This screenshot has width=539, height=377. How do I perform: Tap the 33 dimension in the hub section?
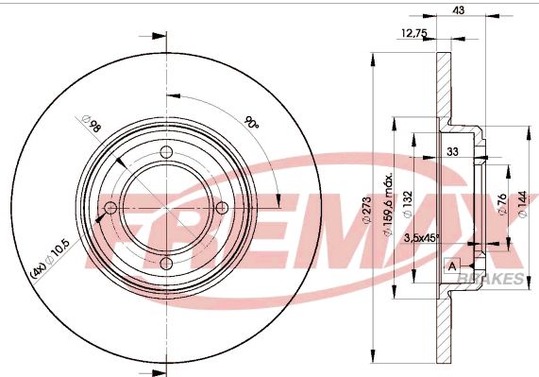click(x=452, y=151)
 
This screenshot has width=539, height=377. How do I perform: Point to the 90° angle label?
click(x=251, y=123)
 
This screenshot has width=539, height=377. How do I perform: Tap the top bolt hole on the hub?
click(x=166, y=153)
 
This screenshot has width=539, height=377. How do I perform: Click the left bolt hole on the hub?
click(x=110, y=208)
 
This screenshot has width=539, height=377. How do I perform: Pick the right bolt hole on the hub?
click(x=222, y=208)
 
